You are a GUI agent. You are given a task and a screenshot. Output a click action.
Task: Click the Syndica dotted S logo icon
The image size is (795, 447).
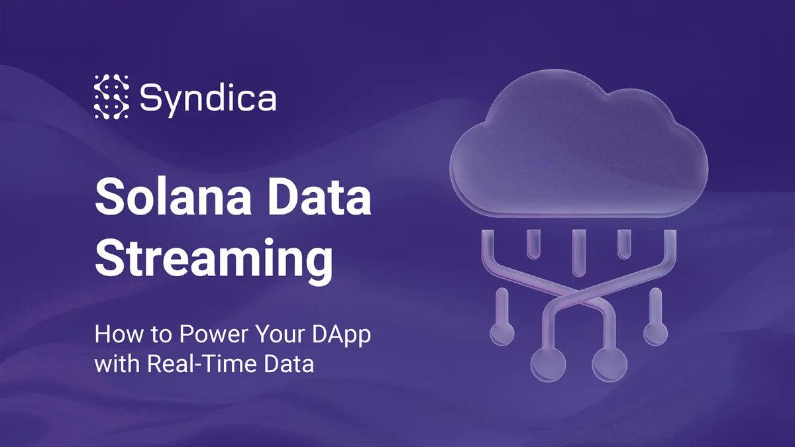coord(111,97)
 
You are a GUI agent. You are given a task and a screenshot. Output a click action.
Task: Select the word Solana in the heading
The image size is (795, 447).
coord(173,197)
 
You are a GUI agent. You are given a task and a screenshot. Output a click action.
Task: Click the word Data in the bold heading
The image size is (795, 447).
coord(319,197)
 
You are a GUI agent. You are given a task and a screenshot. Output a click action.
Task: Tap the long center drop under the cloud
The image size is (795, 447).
coord(579,253)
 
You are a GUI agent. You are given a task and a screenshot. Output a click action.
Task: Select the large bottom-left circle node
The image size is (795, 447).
coord(548,365)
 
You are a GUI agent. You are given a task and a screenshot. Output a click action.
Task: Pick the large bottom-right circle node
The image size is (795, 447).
coord(609,365)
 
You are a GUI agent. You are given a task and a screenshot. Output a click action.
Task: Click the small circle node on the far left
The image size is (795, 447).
coord(502,334)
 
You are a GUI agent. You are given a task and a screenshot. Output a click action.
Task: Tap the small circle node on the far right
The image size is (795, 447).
coord(655,334)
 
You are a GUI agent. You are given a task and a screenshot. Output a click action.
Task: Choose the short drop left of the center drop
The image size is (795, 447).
coord(533,244)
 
